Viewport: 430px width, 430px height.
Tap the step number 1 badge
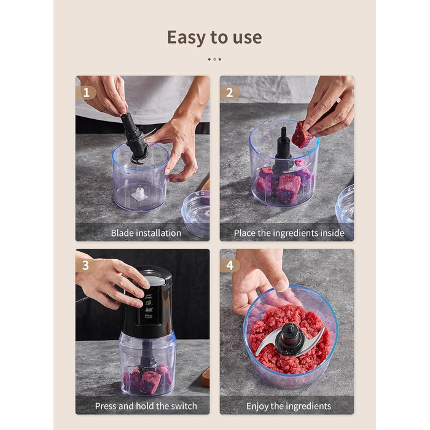pos(86,92)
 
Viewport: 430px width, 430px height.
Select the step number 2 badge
pos(230,93)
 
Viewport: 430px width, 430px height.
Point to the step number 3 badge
pos(85,265)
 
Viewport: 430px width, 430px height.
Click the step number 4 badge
pos(230,265)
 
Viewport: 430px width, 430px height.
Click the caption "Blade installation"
pos(146,233)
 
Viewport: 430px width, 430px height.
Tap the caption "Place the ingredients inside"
pos(289,233)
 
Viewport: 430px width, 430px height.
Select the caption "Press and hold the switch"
pos(146,406)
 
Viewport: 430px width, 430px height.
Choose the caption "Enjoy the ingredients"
pos(289,406)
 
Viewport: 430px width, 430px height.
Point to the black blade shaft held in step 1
pos(134,138)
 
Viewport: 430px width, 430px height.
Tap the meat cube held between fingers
pos(301,135)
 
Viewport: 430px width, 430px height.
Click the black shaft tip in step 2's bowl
pos(284,132)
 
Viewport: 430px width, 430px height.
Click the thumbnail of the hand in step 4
pos(281,285)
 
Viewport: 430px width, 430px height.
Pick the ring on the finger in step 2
pos(338,100)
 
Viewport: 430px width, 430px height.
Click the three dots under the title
pos(214,59)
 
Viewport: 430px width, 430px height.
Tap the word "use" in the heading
pos(248,38)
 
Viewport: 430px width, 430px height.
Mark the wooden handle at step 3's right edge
pos(205,378)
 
